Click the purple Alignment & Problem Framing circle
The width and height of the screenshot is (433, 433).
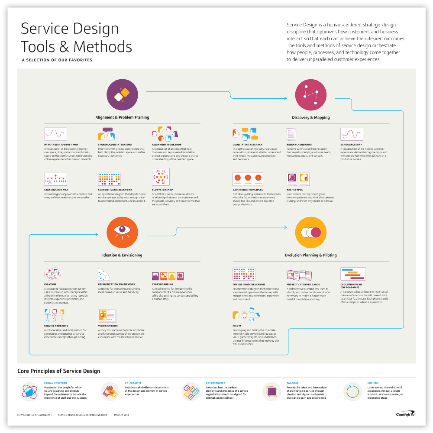click(123, 96)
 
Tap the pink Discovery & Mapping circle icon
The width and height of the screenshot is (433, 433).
click(310, 96)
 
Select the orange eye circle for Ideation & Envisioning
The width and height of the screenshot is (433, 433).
click(122, 233)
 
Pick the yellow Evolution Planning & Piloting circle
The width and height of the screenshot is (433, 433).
click(310, 233)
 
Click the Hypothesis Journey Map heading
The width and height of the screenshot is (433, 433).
click(61, 144)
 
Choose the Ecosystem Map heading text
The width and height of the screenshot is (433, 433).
click(162, 190)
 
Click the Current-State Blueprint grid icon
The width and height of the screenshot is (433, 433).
click(109, 179)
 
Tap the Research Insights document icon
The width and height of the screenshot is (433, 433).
click(291, 134)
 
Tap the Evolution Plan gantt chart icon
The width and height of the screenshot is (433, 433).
click(353, 274)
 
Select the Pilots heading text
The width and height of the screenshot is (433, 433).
click(236, 326)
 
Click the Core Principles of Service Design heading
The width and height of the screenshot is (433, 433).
click(58, 371)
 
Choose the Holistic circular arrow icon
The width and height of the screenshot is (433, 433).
click(352, 391)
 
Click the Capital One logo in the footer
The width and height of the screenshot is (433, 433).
click(406, 414)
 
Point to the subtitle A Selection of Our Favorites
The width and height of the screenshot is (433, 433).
click(57, 60)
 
